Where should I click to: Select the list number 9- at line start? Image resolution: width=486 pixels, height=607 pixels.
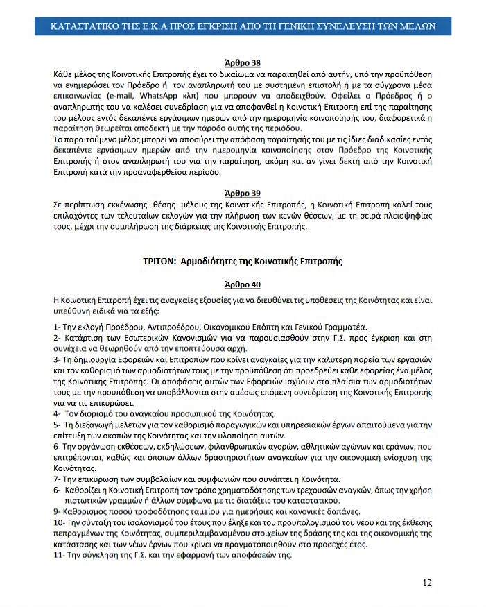tap(57, 511)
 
